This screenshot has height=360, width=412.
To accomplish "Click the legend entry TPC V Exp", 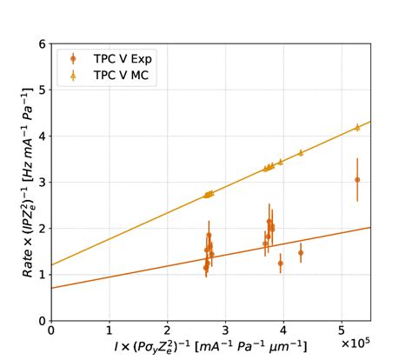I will click(x=122, y=59).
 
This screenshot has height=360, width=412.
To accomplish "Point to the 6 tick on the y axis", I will click(x=42, y=43).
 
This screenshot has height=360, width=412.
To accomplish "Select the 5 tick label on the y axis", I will click(x=42, y=90).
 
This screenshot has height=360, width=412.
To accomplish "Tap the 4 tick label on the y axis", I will click(x=42, y=136).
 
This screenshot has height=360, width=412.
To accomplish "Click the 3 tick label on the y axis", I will click(x=42, y=182).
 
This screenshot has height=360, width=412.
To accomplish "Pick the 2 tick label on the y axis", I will click(x=42, y=228).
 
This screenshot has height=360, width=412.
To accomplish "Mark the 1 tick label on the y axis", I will click(x=42, y=274).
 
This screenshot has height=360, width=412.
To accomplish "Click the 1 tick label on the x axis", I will click(x=109, y=331).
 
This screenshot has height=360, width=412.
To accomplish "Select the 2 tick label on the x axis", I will click(x=167, y=331).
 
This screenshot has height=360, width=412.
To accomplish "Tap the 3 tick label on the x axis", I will click(x=225, y=331).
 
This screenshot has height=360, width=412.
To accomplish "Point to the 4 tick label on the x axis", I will click(x=283, y=331).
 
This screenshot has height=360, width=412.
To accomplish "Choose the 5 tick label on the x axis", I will click(x=342, y=331).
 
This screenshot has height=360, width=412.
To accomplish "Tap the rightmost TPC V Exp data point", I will click(x=357, y=180).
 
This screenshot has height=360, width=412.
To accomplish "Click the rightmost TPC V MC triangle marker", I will click(x=357, y=127).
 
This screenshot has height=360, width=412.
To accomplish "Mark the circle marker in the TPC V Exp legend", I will click(x=73, y=59).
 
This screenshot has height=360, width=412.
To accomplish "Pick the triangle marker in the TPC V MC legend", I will click(x=73, y=76).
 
